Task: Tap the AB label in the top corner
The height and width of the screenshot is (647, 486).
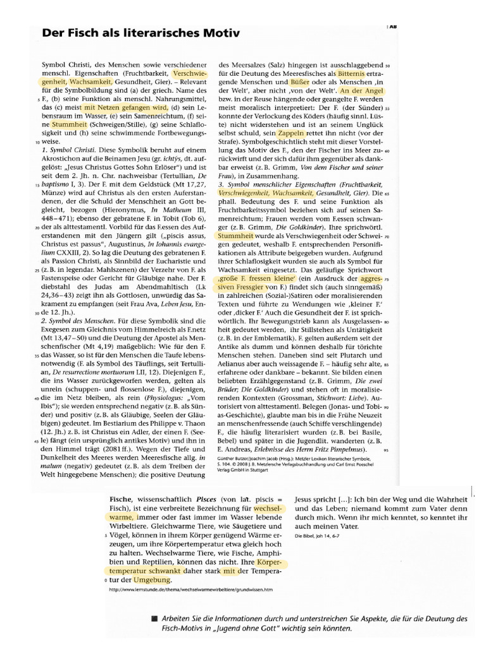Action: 393,27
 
